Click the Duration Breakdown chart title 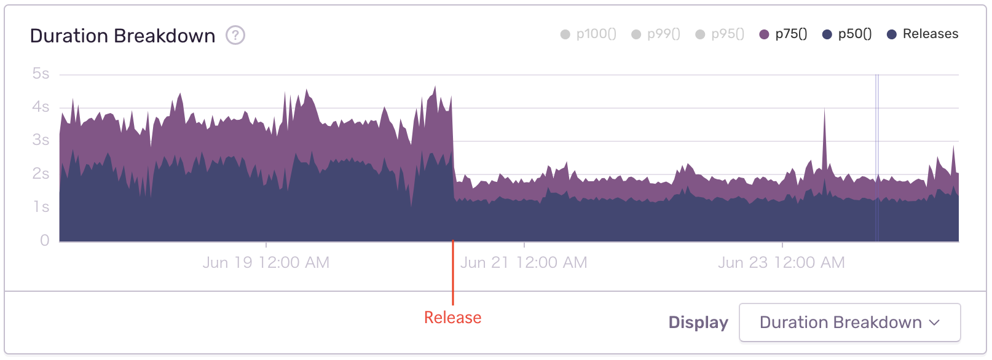(122, 36)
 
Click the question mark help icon (235, 36)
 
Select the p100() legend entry (588, 34)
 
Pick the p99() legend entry (656, 34)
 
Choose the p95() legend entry (720, 34)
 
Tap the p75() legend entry (784, 34)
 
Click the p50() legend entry (847, 34)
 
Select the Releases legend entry (923, 34)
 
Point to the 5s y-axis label (41, 74)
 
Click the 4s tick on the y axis (41, 107)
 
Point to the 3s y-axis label (41, 140)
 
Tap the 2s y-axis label (41, 174)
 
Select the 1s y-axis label (41, 207)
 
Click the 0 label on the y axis (44, 240)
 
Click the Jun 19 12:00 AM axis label (266, 263)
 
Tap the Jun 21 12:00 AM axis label (524, 263)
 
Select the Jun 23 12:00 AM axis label (781, 263)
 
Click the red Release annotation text (453, 318)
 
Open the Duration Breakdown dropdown (849, 323)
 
